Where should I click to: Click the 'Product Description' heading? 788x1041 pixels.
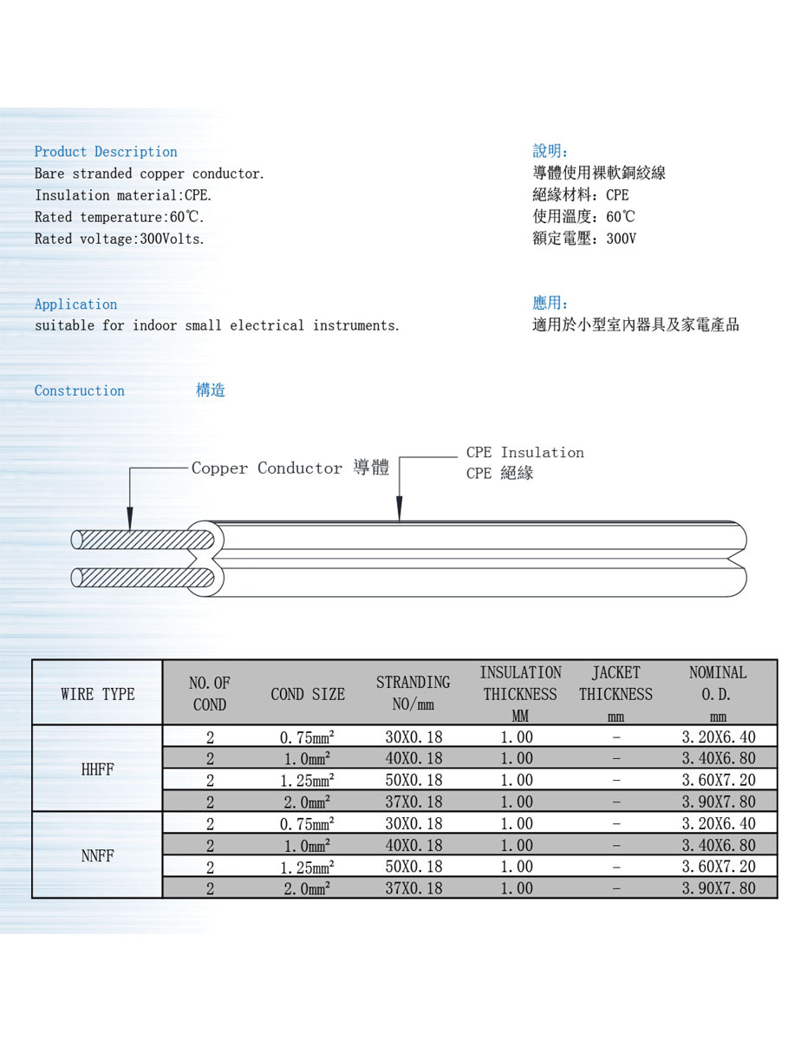click(106, 152)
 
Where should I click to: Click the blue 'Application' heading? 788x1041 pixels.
click(75, 304)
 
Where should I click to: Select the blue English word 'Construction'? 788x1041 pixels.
click(79, 391)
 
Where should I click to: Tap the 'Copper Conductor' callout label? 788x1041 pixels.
click(267, 468)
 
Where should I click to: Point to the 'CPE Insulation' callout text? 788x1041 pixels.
click(524, 453)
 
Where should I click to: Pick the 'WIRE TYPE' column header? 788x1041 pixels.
click(98, 694)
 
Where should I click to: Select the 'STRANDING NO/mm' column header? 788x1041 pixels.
click(413, 693)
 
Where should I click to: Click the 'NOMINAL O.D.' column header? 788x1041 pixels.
click(717, 693)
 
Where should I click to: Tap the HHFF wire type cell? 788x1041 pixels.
click(98, 769)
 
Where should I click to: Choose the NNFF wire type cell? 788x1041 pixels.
click(98, 856)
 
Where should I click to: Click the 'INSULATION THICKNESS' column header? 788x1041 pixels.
click(520, 693)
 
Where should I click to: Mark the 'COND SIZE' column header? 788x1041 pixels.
click(307, 694)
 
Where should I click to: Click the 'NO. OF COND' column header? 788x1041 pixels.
click(209, 694)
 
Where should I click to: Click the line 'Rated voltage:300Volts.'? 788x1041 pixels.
click(120, 239)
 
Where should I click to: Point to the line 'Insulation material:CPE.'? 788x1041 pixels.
click(123, 196)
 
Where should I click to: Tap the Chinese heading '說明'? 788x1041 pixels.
click(550, 152)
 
